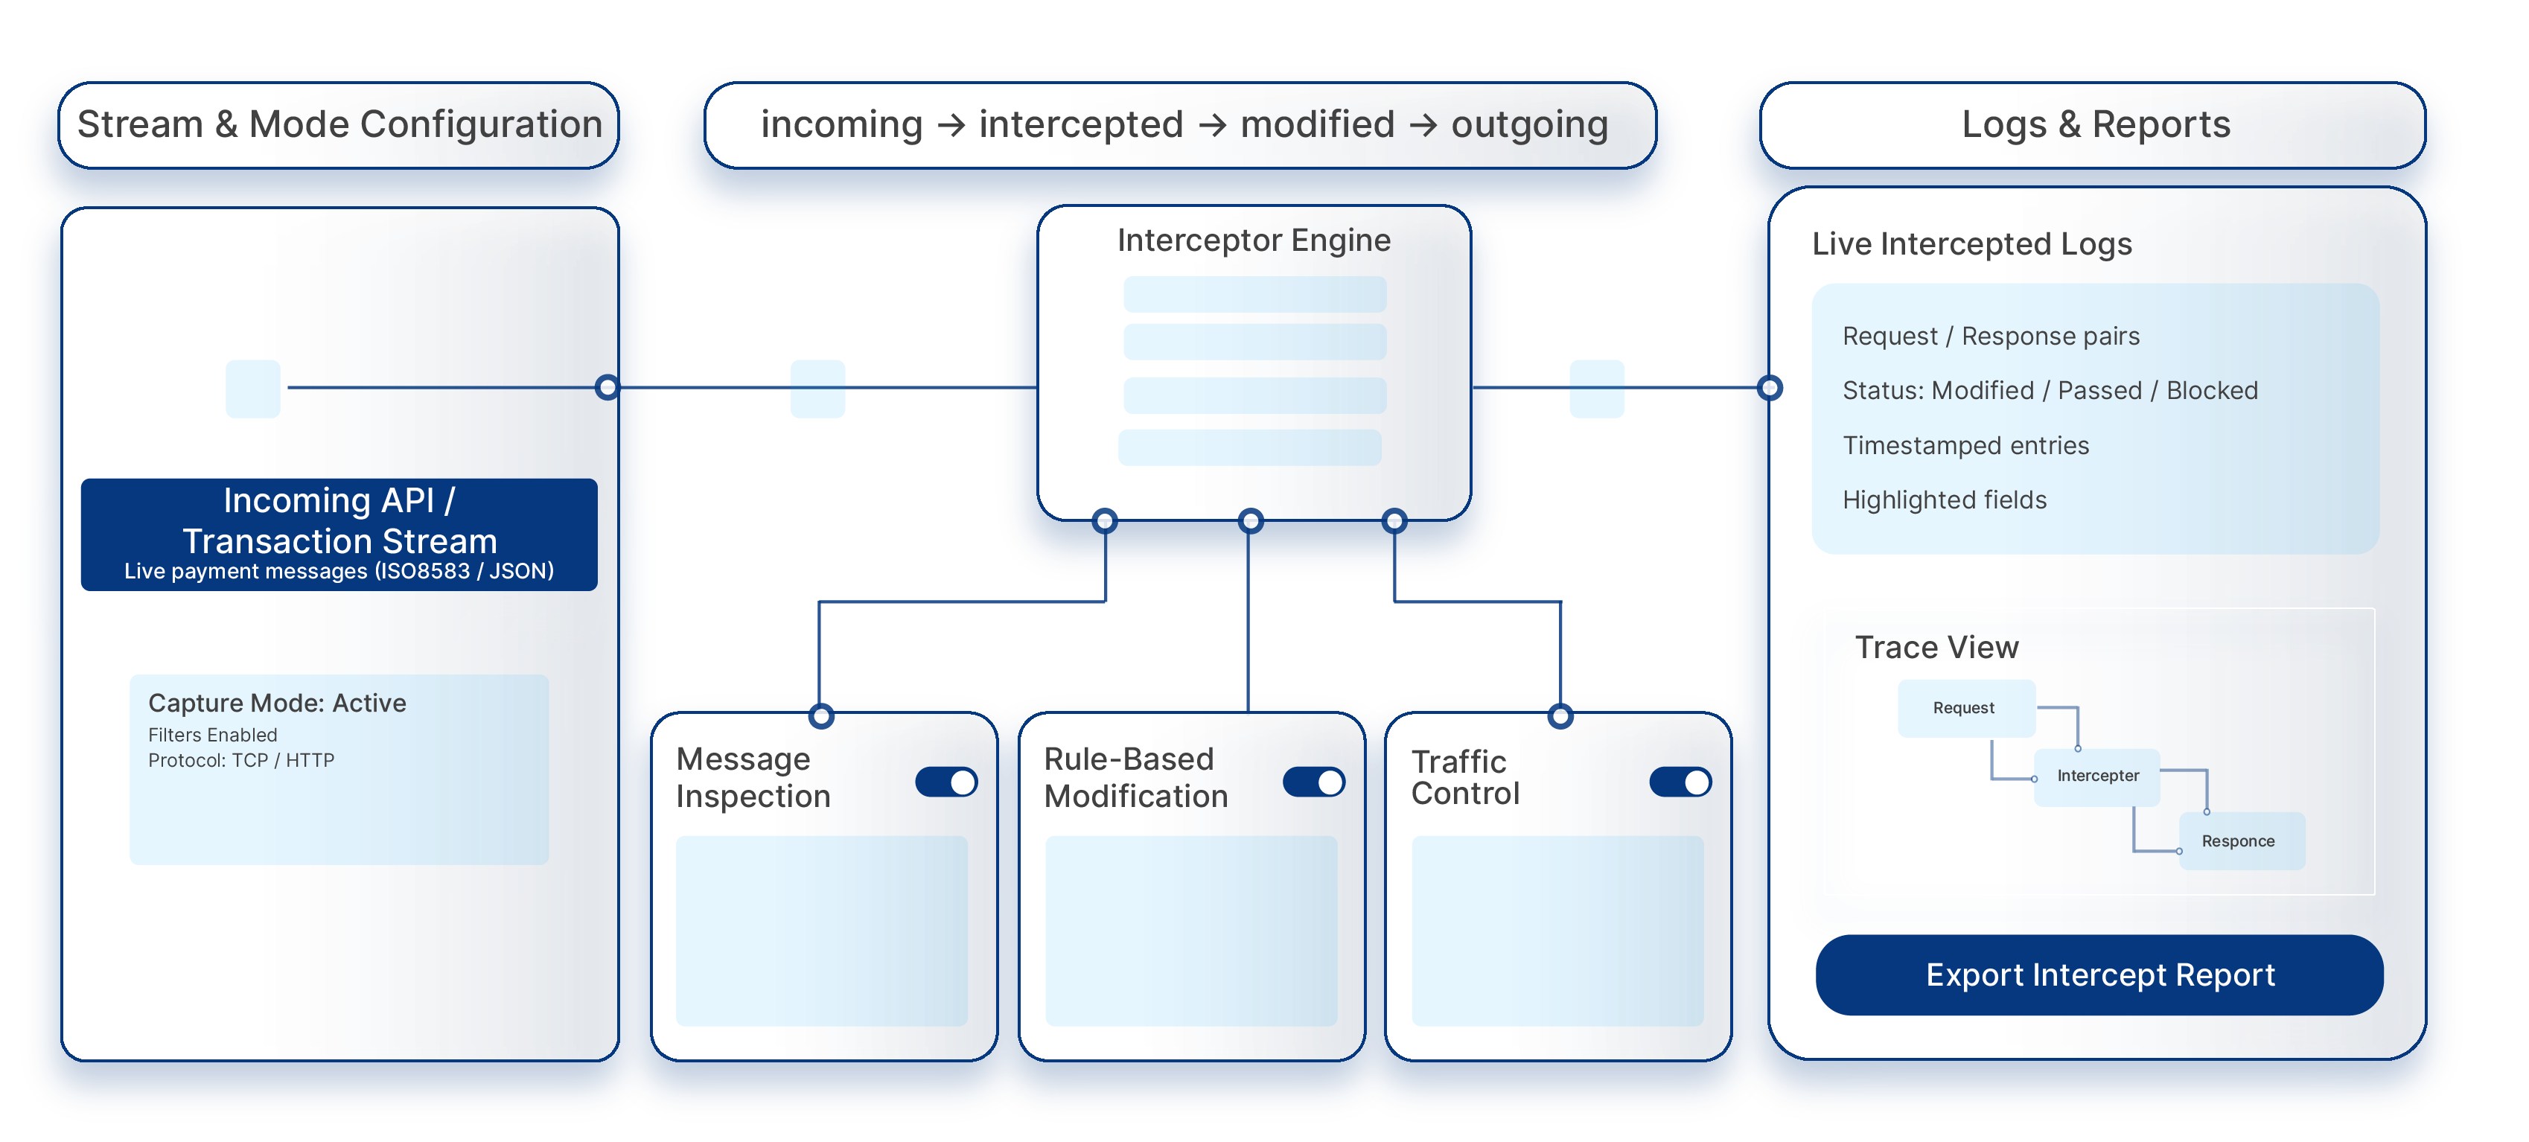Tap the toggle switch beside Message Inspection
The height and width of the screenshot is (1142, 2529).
[946, 782]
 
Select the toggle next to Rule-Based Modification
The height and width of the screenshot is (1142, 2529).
[1313, 782]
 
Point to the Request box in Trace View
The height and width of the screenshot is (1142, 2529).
[1965, 708]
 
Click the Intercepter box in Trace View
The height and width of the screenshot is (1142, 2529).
[2097, 776]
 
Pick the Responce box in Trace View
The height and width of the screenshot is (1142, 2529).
[2239, 840]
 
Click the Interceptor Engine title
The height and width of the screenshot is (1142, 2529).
[1254, 240]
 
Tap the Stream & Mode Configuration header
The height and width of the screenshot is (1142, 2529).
[339, 125]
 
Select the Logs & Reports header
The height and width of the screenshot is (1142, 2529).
[2095, 125]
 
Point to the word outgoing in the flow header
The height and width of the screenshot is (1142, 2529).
[1528, 125]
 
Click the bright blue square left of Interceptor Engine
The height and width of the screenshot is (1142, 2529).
[817, 389]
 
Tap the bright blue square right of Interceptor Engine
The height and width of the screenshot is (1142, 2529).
[1596, 389]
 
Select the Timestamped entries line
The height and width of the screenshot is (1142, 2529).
[1965, 446]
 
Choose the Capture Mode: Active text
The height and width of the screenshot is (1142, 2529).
[277, 703]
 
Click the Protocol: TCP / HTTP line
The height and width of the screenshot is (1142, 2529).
[241, 760]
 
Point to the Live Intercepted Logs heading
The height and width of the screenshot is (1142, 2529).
[1971, 243]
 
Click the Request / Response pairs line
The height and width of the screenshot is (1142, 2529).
[1990, 336]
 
